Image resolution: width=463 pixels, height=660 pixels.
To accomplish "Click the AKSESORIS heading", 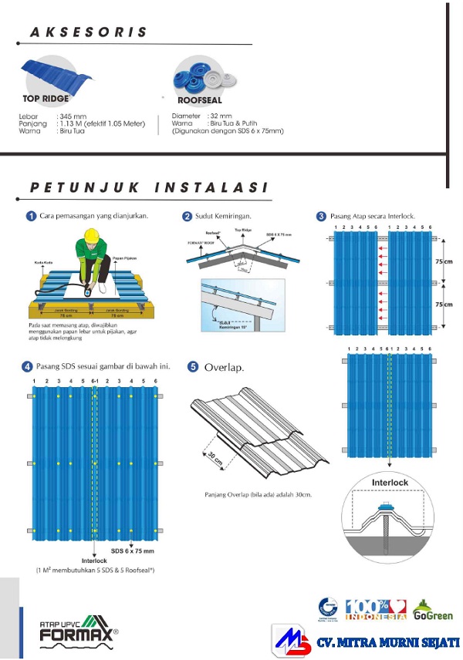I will coord(88,33).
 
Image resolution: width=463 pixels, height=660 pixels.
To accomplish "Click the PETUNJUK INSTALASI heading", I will coord(149,187).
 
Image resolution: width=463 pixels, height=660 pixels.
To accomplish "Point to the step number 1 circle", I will coord(31,216).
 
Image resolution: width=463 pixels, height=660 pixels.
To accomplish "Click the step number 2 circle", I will coord(188,216).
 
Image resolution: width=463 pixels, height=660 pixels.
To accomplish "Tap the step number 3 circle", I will coord(321,216).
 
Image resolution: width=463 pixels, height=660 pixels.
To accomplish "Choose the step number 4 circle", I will coord(28,365).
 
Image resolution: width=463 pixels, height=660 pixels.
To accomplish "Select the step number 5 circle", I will coord(193,367).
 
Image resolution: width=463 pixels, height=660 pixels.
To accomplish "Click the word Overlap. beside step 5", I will coord(225,368).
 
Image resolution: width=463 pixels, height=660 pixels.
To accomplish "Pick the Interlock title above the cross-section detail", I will coord(390,482).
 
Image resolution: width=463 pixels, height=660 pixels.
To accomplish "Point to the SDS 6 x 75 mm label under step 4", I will coord(132,551).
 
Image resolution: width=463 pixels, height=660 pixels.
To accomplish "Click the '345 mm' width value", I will coord(72,116).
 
